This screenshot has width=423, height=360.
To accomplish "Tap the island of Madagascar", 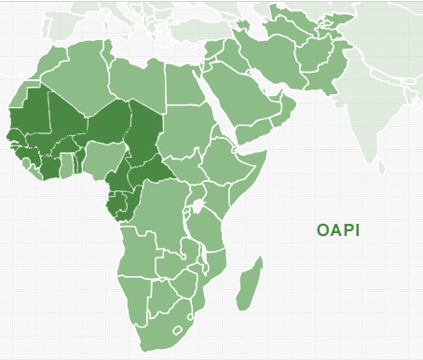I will [x=248, y=286].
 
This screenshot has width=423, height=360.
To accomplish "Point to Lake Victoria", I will [x=198, y=202].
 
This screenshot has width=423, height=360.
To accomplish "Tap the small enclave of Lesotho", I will [x=176, y=327].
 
